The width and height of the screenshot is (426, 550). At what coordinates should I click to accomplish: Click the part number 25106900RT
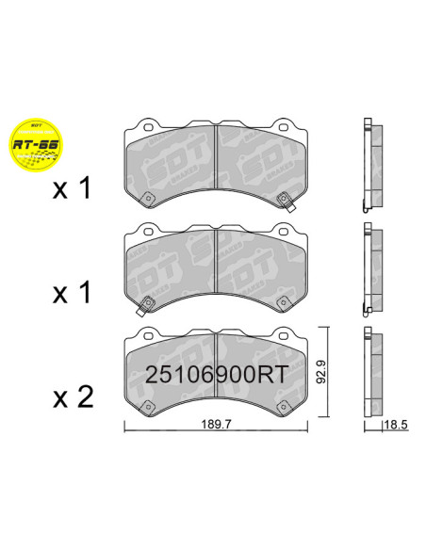(x=215, y=375)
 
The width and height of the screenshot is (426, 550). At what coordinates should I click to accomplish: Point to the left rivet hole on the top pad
(x=149, y=196)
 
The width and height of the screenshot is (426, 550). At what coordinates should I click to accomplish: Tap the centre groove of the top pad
(x=217, y=155)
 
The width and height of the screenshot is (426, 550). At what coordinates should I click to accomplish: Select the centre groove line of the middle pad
(x=217, y=259)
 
